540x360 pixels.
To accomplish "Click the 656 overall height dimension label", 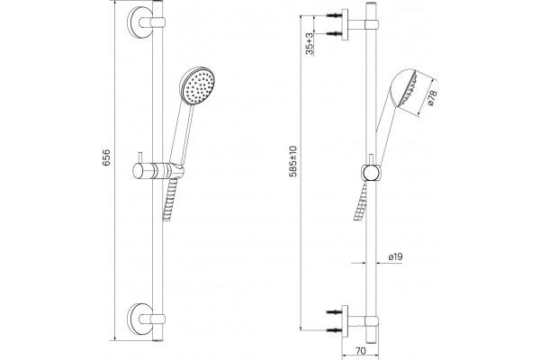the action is point(106,157).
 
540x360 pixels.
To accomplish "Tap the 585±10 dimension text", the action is point(292,161).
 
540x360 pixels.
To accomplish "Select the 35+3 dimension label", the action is point(310,44).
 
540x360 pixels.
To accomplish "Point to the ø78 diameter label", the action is point(432,97).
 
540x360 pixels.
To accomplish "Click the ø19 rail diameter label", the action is point(395,256).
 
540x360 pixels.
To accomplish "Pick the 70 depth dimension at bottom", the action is point(361,351).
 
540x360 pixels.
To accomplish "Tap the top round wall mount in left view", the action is point(140,22).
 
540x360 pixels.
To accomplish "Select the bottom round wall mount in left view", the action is point(140,319).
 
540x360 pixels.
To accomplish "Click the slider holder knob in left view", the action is point(141,171).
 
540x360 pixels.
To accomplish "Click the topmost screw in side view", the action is point(334,15).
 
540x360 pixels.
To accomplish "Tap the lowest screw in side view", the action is point(334,330).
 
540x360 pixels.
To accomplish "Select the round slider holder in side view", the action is point(371,173).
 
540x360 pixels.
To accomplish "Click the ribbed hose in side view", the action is point(361,201).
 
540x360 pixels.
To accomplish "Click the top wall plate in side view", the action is point(345,24).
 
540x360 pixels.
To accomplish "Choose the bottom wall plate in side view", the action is point(345,321).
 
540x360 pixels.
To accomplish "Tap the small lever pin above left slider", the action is point(139,157).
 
